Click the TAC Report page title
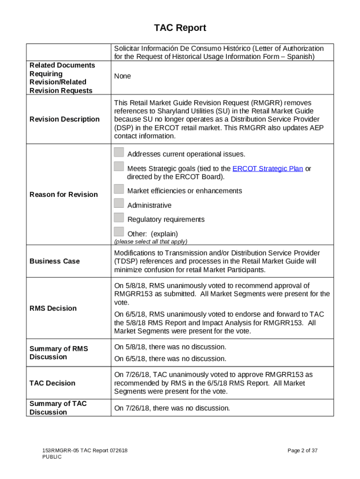[x=180, y=28]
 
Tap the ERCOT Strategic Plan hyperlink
[x=267, y=168]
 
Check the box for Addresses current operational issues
[x=119, y=152]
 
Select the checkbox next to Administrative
[x=119, y=203]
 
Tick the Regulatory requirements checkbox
[x=119, y=218]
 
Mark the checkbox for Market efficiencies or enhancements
[x=119, y=189]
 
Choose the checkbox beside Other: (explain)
[x=119, y=232]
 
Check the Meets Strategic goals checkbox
[x=119, y=167]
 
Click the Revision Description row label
[x=65, y=119]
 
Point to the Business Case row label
[x=55, y=261]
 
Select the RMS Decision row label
[x=53, y=308]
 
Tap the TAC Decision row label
[x=52, y=383]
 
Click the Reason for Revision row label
[x=64, y=195]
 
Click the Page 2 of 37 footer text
[x=302, y=450]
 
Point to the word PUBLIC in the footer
[x=52, y=457]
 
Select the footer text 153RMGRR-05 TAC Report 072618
[x=85, y=450]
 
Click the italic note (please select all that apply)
[x=151, y=241]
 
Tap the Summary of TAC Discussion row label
[x=58, y=408]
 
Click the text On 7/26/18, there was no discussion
[x=172, y=408]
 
